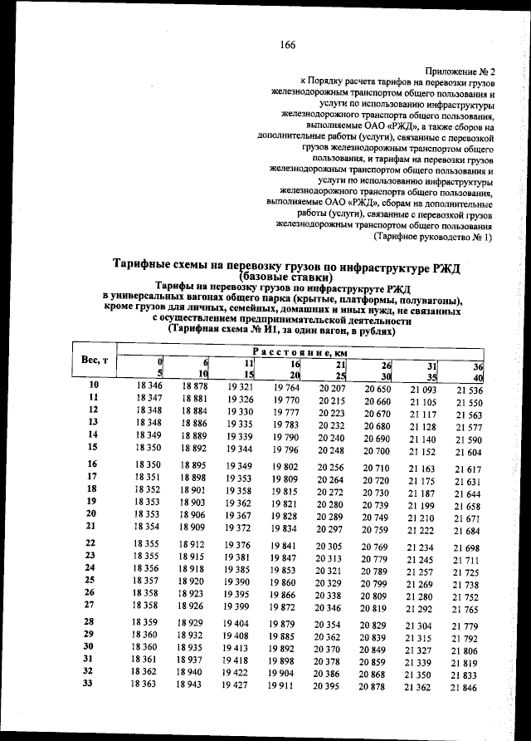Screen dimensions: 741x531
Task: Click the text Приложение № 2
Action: pos(460,73)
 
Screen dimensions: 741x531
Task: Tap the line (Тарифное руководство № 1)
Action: pos(432,237)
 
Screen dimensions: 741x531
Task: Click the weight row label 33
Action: pos(93,684)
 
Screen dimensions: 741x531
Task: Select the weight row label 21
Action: pos(93,526)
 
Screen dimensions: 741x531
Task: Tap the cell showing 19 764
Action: pos(284,388)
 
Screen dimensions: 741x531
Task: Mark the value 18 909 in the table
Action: pos(192,527)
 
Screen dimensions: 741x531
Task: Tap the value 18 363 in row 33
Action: pos(146,684)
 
